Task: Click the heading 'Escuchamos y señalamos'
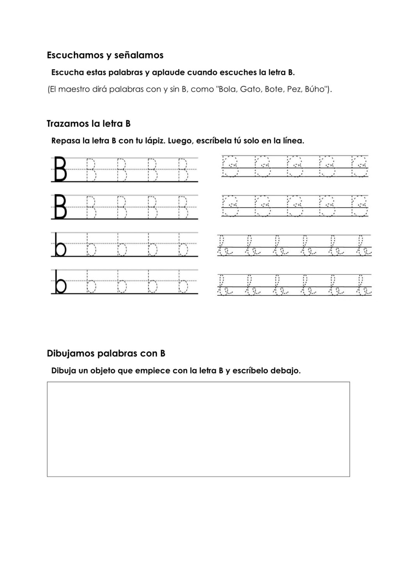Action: (105, 55)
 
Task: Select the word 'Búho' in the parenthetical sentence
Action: (316, 89)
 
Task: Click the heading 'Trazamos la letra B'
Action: (89, 124)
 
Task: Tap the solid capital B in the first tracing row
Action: (59, 169)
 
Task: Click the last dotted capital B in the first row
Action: (183, 169)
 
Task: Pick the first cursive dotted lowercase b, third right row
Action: (224, 246)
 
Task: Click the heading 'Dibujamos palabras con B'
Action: (106, 353)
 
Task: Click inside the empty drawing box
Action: (198, 429)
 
